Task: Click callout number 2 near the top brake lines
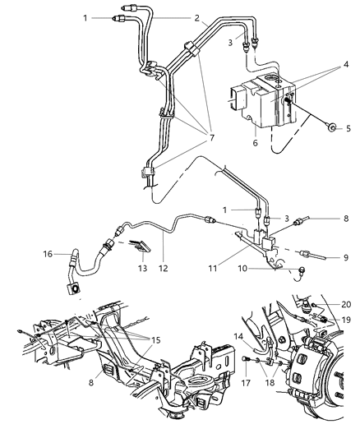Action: click(196, 17)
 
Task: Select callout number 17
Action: click(245, 380)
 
